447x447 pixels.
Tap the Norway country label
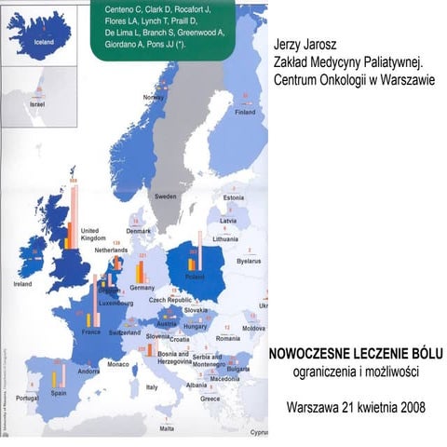154,97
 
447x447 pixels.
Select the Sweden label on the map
166,197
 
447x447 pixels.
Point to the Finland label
245,113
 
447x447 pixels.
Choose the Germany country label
142,288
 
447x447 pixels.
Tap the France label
91,332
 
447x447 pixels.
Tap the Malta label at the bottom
167,428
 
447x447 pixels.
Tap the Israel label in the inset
37,105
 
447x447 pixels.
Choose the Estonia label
234,197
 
